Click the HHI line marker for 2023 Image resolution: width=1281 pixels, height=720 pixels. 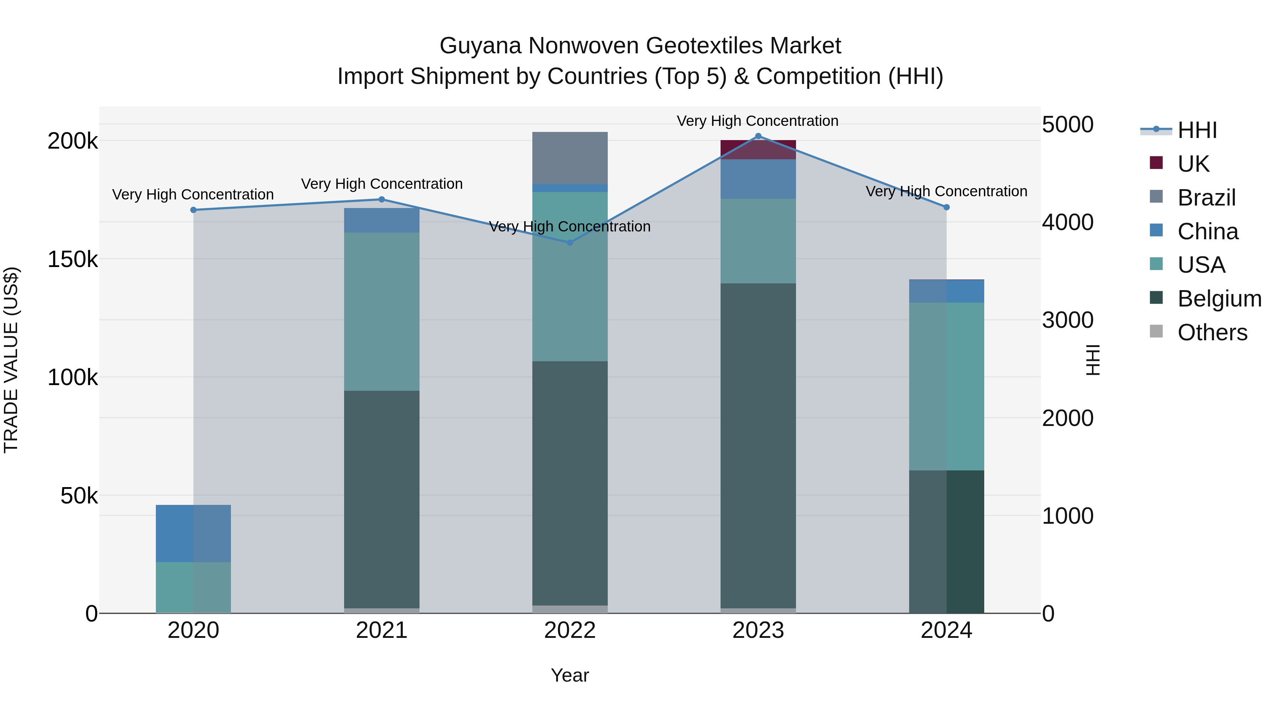758,136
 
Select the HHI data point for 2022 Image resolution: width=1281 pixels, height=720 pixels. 570,242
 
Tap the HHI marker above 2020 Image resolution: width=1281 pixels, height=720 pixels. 194,210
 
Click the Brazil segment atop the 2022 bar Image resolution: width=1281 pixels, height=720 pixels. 570,158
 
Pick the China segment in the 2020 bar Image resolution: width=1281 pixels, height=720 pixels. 194,534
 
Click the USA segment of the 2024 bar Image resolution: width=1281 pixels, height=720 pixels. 946,386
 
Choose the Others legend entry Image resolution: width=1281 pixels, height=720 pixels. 1212,332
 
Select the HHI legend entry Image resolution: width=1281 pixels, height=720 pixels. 1197,130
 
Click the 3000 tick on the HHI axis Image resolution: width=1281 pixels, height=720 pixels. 1067,320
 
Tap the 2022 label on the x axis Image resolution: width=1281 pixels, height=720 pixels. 570,630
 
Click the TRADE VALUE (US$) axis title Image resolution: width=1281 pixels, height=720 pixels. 11,360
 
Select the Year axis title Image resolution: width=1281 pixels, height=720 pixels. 570,675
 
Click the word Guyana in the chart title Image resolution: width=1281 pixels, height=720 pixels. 480,46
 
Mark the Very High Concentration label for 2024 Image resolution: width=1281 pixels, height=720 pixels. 946,191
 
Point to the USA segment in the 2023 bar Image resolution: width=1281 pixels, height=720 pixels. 758,241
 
